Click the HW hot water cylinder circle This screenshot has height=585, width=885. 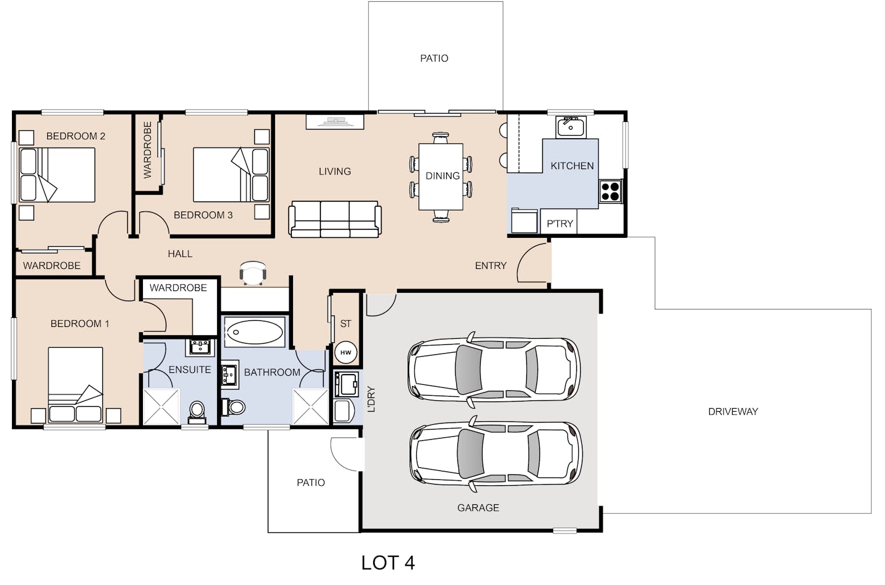346,353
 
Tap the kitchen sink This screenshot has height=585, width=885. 570,127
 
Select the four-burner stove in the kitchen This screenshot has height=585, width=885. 611,191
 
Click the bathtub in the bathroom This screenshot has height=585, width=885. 255,332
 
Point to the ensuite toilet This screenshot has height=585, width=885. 197,413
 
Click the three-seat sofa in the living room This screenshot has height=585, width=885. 335,219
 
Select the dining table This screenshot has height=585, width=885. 441,176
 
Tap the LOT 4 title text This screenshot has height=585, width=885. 388,563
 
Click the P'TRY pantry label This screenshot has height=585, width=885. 560,224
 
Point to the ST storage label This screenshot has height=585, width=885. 346,324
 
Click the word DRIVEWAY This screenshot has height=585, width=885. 733,412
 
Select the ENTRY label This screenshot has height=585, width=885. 491,266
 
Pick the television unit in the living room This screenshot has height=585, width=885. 335,121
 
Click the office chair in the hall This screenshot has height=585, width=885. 253,272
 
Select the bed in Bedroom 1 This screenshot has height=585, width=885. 75,385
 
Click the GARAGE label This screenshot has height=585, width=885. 478,508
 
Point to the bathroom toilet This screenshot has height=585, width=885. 233,407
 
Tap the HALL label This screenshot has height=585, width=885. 180,254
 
